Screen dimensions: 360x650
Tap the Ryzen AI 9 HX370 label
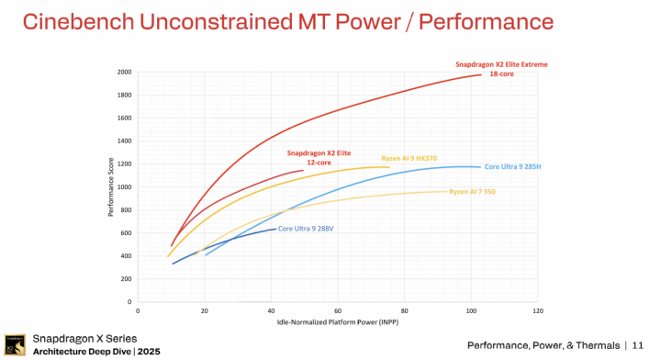[409, 158]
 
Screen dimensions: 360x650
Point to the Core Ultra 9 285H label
[511, 166]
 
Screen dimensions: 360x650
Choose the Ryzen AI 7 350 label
[474, 191]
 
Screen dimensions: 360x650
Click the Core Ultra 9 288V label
[305, 228]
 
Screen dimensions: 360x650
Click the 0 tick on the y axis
[129, 301]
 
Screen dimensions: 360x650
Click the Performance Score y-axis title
[111, 186]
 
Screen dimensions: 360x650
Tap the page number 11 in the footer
[637, 345]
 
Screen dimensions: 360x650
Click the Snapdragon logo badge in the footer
[14, 344]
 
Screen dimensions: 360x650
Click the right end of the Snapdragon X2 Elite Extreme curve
[480, 75]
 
